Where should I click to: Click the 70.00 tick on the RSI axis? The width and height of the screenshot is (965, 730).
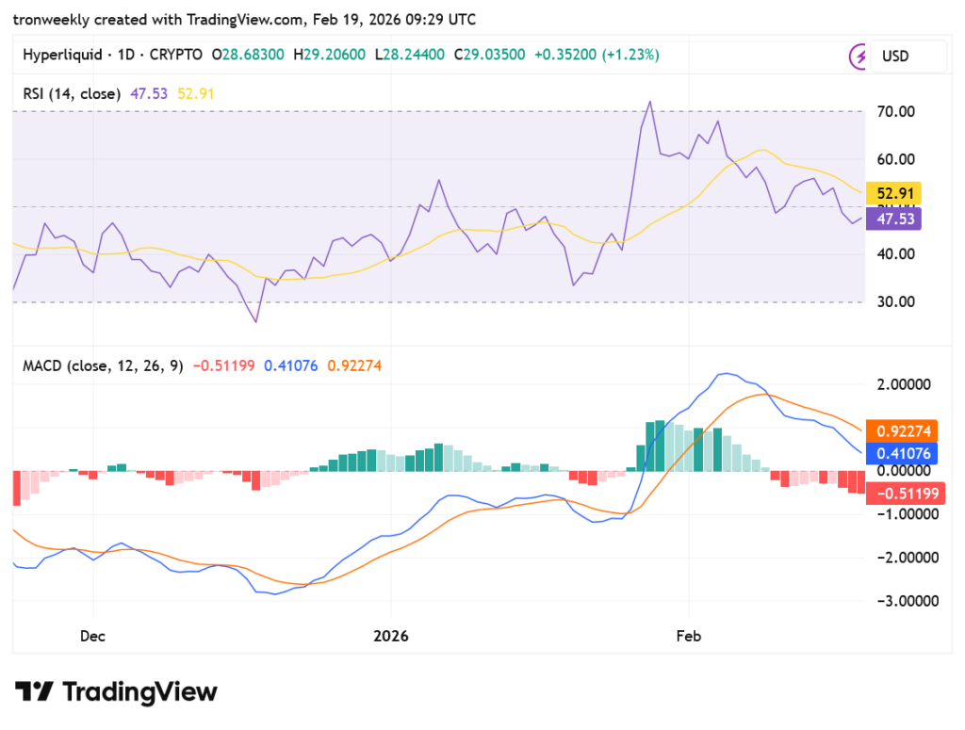tap(895, 112)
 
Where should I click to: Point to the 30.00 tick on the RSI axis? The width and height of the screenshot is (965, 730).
tap(895, 302)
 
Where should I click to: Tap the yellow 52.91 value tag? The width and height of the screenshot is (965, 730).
tap(893, 193)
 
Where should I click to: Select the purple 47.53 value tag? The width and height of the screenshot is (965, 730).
tap(893, 219)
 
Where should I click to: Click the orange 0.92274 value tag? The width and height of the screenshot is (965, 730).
tap(902, 431)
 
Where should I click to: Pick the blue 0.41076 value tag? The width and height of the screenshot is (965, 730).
tap(902, 454)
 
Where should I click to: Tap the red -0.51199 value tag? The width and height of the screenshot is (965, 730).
tap(906, 494)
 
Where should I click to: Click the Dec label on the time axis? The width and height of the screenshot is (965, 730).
tap(92, 636)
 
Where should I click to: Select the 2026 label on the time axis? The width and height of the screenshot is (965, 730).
tap(391, 636)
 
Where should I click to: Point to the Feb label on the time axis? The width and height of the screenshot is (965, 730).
tap(688, 636)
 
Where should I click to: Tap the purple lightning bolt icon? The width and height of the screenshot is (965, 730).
tap(858, 57)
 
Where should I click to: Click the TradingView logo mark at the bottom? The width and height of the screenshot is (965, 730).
tap(35, 691)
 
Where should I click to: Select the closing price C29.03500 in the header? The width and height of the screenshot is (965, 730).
tap(489, 55)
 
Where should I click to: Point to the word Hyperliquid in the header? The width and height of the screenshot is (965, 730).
tap(62, 55)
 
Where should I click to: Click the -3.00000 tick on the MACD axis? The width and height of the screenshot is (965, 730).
tap(908, 601)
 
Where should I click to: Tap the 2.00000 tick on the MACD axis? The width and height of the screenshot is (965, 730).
tap(904, 384)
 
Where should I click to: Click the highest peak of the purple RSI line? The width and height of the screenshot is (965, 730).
tap(650, 102)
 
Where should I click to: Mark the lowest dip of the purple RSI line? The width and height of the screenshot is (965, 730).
tap(255, 321)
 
